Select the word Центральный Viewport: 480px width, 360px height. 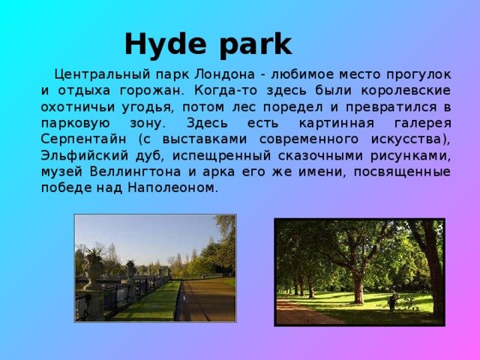(x=103, y=75)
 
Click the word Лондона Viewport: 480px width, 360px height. (x=225, y=74)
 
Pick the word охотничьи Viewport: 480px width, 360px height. (x=78, y=107)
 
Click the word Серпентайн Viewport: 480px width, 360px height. (x=83, y=139)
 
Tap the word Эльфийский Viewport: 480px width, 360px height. (x=85, y=156)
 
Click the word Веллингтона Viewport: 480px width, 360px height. (x=135, y=172)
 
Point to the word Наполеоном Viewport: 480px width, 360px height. (x=173, y=187)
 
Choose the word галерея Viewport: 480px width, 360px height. (x=422, y=124)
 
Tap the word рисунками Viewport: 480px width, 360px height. (x=410, y=156)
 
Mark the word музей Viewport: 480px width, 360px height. (x=61, y=172)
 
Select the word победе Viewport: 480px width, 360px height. (x=62, y=187)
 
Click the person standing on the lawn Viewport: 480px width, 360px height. (x=392, y=302)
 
